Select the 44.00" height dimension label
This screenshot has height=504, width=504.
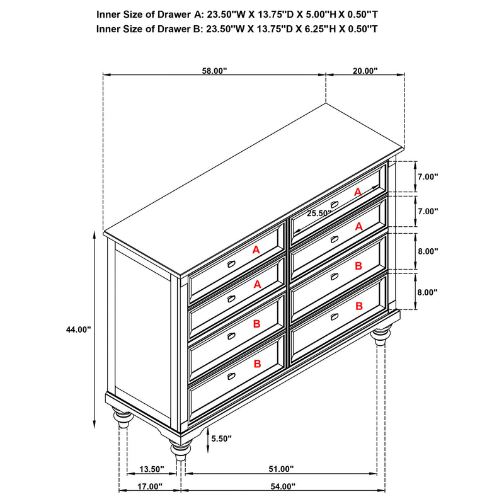point(79,329)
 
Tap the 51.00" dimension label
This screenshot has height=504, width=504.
point(281,469)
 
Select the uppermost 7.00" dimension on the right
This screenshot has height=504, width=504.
point(427,177)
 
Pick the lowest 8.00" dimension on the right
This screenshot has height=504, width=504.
point(427,292)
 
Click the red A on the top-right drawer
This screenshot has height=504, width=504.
point(358,192)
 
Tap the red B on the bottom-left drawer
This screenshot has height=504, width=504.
point(256,364)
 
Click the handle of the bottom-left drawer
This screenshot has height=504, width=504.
point(231,376)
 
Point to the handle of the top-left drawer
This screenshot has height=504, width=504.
point(231,263)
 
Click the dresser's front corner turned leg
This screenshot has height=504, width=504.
point(180,449)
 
